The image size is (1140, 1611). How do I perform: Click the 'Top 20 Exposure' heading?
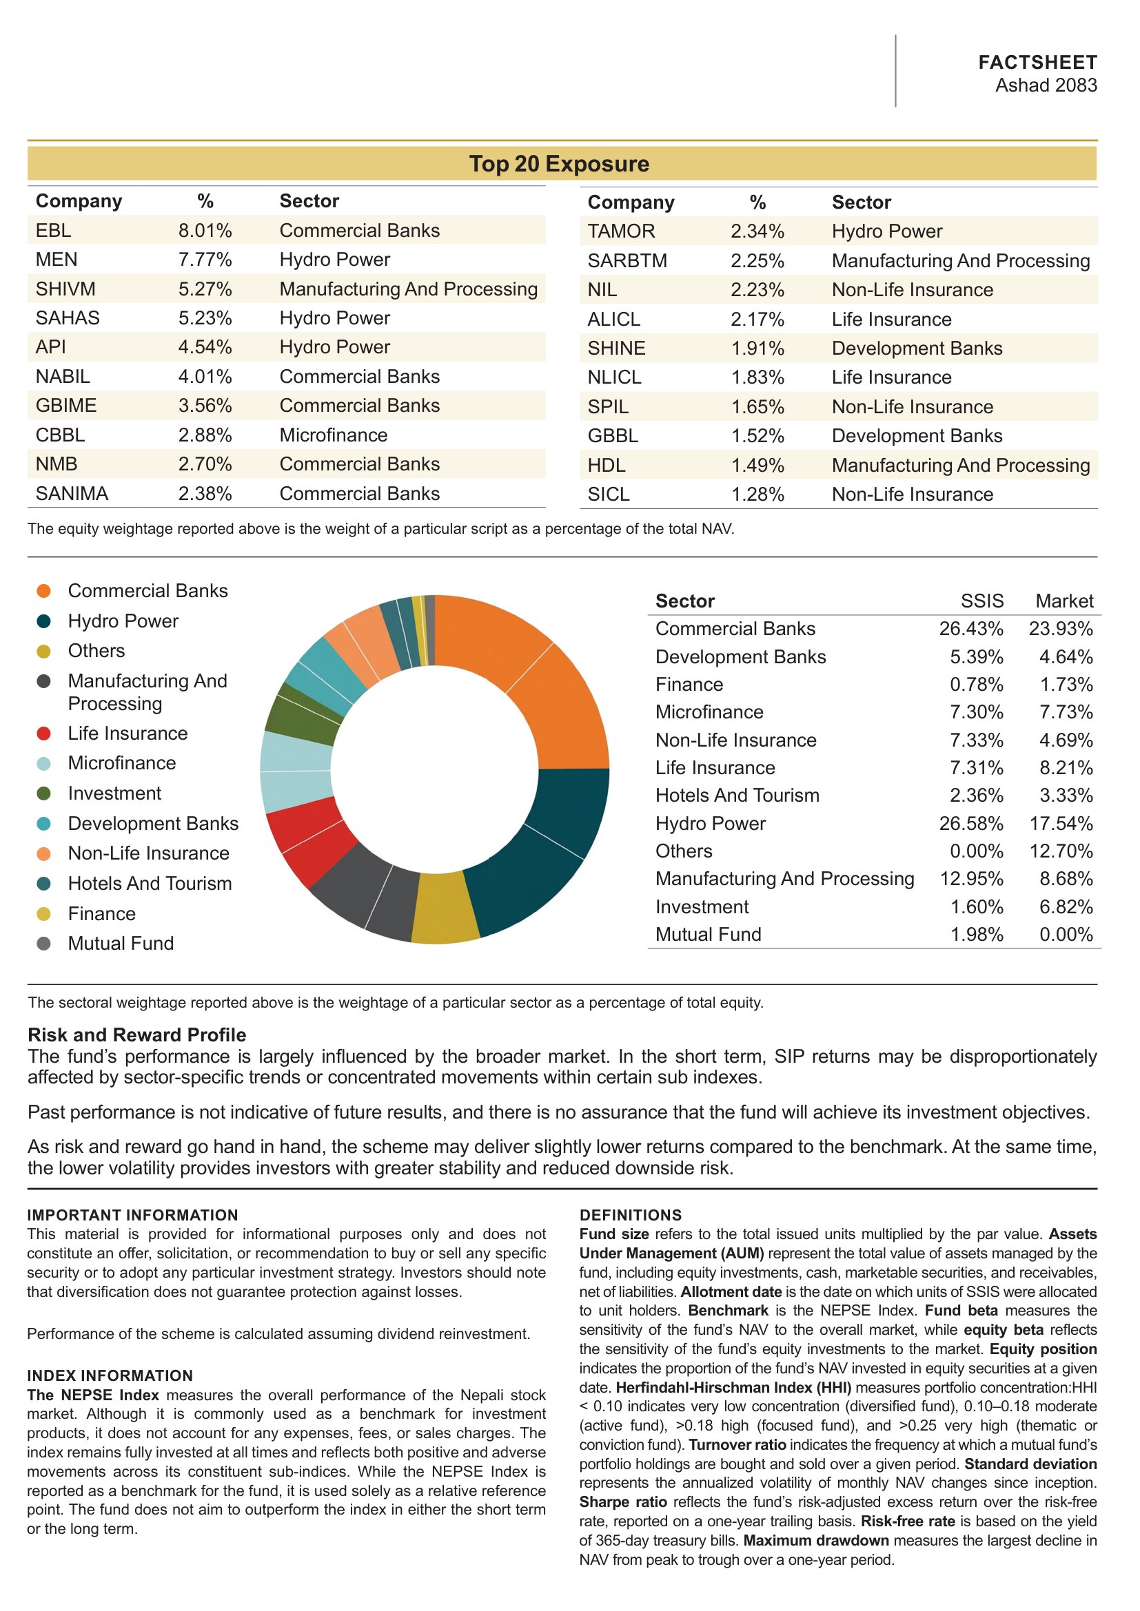559,163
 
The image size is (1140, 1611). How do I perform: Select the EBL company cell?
53,230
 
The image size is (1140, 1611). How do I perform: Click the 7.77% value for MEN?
205,260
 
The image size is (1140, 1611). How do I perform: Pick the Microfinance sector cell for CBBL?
334,435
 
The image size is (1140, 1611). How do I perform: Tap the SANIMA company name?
72,493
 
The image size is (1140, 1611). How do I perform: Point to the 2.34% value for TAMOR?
757,231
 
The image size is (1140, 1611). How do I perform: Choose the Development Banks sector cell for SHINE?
917,348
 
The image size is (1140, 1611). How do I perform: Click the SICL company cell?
609,494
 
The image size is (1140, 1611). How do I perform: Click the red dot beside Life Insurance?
43,734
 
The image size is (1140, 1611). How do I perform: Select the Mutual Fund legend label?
121,943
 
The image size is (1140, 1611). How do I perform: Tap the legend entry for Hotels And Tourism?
150,884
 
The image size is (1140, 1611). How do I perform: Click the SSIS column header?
982,601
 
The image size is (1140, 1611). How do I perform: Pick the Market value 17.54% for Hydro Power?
1061,823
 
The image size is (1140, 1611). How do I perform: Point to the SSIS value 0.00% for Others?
977,851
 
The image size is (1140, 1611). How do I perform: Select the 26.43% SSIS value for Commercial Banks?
972,629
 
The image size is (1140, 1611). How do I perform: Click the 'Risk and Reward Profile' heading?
137,1035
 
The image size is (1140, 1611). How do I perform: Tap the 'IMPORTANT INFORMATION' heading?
132,1215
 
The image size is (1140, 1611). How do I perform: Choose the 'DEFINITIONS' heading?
631,1215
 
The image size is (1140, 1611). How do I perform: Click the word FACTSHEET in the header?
1037,63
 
